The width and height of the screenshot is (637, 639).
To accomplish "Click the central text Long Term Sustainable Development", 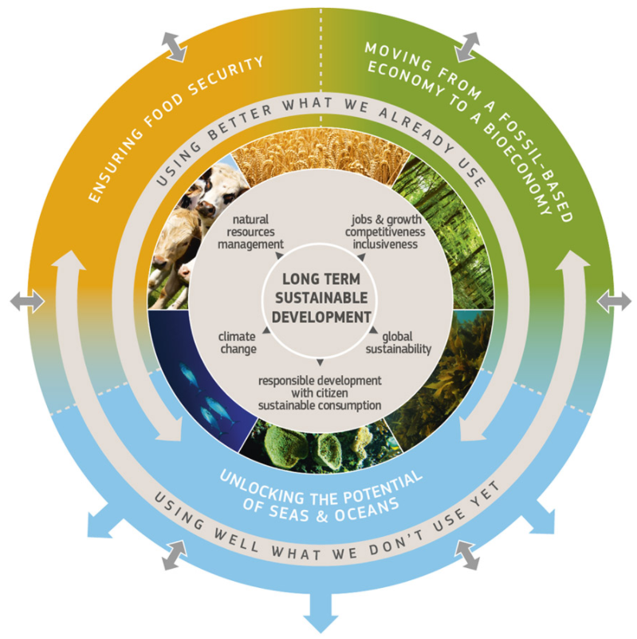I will pyautogui.click(x=319, y=296).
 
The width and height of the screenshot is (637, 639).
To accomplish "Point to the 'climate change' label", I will pyautogui.click(x=237, y=343).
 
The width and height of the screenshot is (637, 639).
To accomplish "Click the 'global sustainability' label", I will pyautogui.click(x=398, y=343).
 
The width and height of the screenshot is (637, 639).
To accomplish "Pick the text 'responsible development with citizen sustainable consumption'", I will pyautogui.click(x=319, y=392).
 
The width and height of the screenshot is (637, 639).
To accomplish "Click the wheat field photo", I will pyautogui.click(x=319, y=168).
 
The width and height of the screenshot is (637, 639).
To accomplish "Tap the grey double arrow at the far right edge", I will pyautogui.click(x=614, y=301).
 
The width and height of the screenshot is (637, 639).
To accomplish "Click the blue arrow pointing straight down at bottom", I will pyautogui.click(x=319, y=614).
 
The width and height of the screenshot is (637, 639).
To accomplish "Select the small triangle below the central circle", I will pyautogui.click(x=319, y=364).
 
